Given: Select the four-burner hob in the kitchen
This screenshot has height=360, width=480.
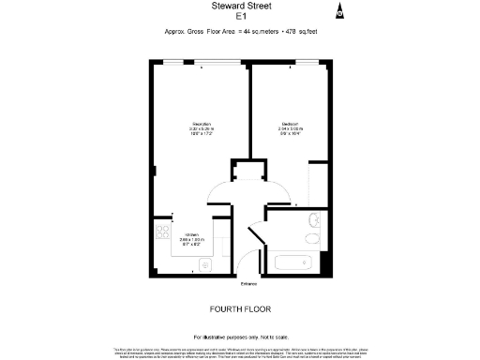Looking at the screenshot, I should coord(159,233).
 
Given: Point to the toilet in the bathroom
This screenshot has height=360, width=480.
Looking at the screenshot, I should coord(314,222).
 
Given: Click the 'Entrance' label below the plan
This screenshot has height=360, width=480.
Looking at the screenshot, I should coord(248,283).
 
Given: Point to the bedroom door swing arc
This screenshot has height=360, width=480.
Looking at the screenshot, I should coord(276,195).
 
